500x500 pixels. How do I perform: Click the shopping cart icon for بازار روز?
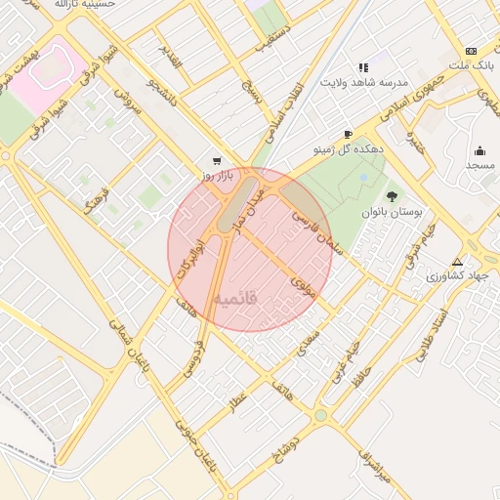point(216,161)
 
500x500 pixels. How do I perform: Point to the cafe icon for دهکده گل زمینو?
point(348,135)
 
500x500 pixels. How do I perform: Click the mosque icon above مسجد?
point(479,150)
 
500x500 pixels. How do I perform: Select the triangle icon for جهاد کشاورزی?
point(457,262)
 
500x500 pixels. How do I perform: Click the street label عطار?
point(238,404)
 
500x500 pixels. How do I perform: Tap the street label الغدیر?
point(171,61)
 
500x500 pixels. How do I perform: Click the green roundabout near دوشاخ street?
point(320,416)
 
